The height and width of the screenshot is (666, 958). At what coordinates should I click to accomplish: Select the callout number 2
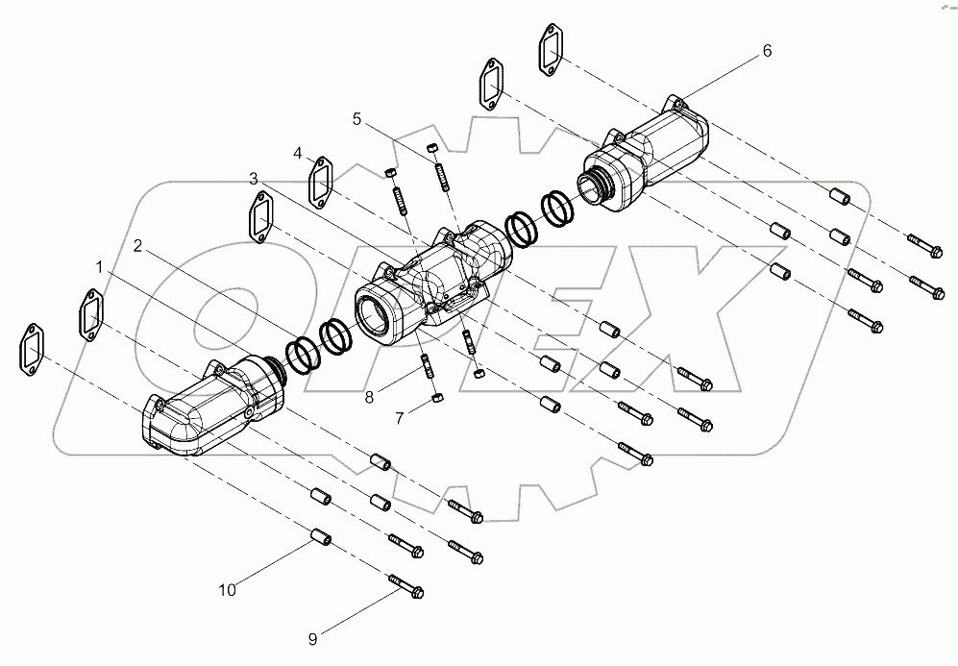[x=138, y=246]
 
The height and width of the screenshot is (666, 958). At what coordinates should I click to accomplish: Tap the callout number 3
[x=253, y=179]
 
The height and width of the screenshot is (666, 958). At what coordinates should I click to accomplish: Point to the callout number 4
[x=299, y=153]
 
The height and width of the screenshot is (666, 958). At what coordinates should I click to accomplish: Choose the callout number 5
[x=356, y=119]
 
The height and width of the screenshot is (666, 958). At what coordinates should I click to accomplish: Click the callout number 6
[x=766, y=51]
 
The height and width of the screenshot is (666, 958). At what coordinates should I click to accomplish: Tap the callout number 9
[x=312, y=636]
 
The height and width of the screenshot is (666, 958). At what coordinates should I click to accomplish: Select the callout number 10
[x=226, y=590]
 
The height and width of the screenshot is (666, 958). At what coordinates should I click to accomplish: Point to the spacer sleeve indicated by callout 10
[x=321, y=535]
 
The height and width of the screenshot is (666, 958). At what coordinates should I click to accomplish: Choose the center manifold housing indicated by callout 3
[x=432, y=284]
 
